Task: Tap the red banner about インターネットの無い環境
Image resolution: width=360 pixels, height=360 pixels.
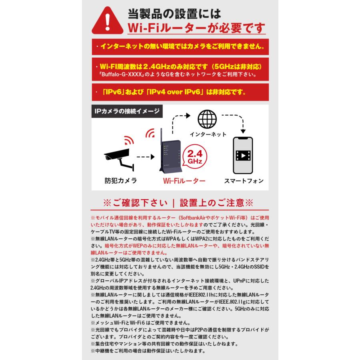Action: pyautogui.click(x=180, y=47)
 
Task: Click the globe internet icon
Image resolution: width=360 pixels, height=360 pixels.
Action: pyautogui.click(x=208, y=120)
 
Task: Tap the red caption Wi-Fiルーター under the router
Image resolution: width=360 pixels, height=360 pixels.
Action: pyautogui.click(x=184, y=181)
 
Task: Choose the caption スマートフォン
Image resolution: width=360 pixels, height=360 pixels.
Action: pyautogui.click(x=243, y=181)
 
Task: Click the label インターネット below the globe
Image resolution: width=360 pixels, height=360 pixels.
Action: pyautogui.click(x=208, y=134)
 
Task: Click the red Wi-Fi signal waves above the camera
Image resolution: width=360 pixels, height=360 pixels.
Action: pyautogui.click(x=128, y=140)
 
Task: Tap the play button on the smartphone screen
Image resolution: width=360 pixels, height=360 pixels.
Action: pyautogui.click(x=243, y=155)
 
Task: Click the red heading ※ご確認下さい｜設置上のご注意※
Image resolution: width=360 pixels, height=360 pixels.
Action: pyautogui.click(x=178, y=202)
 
